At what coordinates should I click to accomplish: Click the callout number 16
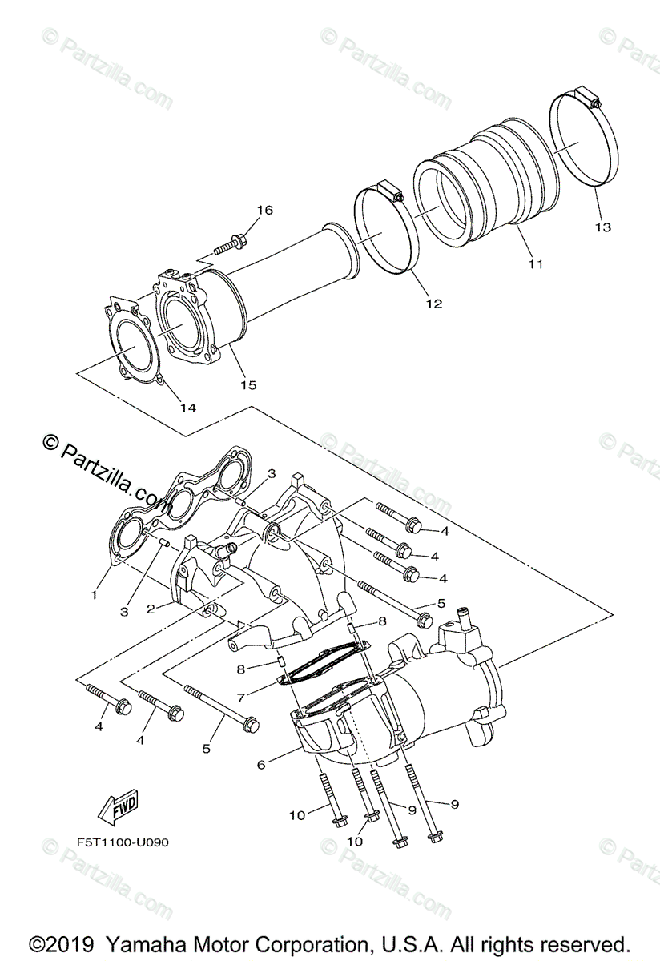(x=264, y=211)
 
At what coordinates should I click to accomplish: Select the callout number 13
(x=602, y=227)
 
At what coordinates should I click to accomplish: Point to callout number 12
(x=434, y=304)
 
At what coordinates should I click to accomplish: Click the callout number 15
(x=248, y=385)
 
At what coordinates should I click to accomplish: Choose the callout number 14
(x=187, y=408)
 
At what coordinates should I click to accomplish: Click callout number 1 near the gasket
(x=94, y=595)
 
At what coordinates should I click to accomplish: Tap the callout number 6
(x=261, y=765)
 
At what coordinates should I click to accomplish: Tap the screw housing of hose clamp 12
(x=389, y=192)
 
